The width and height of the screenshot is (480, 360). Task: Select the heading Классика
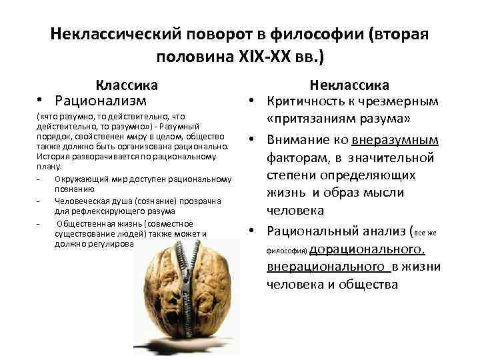point(126,85)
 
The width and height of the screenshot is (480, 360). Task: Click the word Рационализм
point(101,101)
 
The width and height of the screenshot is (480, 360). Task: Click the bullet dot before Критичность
point(254,102)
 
